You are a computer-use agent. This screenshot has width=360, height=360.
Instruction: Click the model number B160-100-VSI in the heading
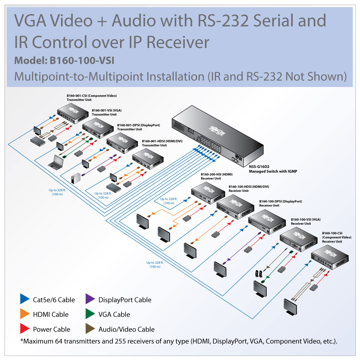[x=82, y=61]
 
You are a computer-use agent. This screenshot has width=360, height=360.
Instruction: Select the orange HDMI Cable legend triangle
[x=24, y=314]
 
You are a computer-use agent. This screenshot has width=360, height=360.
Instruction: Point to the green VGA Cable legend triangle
[x=90, y=314]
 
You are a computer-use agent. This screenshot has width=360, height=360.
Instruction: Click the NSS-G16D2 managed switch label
[x=273, y=169]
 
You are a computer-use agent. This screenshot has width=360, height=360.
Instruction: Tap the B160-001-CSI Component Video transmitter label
[x=91, y=98]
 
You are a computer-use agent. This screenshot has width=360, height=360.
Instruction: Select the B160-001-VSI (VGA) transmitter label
[x=106, y=112]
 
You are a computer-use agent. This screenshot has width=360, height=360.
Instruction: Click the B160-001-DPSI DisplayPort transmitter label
[x=138, y=127]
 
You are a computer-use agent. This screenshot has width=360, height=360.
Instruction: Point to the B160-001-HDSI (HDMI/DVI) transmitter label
[x=162, y=143]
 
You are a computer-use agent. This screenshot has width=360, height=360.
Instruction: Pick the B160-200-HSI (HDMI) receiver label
[x=217, y=176]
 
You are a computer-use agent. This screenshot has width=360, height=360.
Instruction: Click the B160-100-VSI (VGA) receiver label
[x=305, y=221]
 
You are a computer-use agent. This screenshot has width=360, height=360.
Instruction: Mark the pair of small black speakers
[x=259, y=274]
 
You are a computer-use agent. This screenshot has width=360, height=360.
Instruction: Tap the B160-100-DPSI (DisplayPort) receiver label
[x=280, y=203]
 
